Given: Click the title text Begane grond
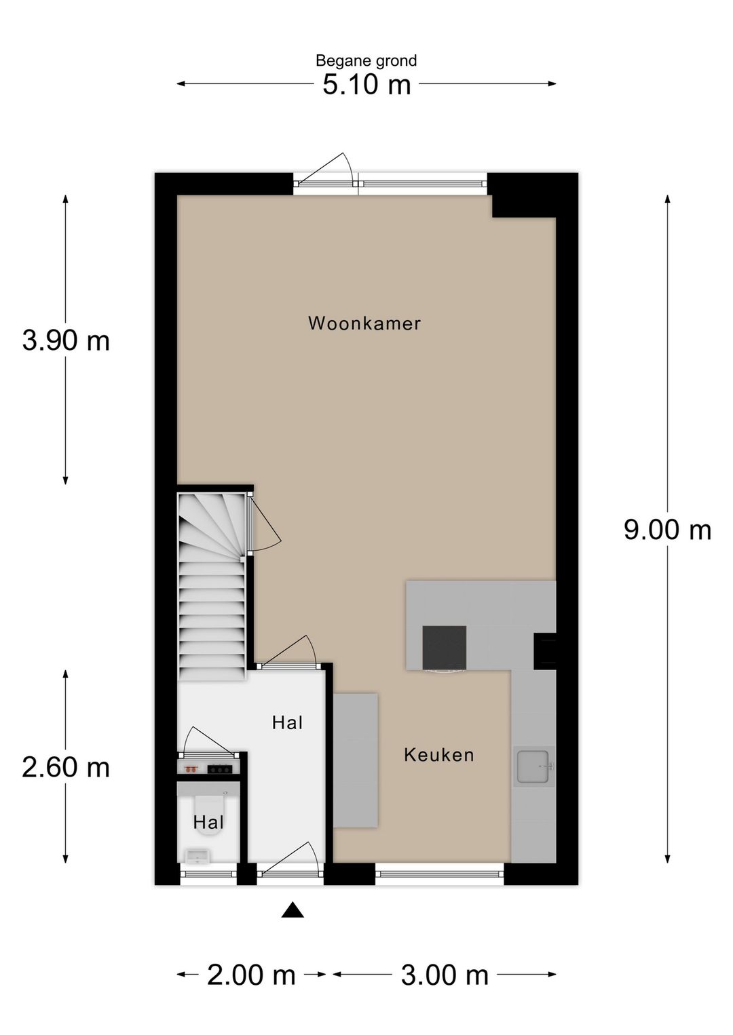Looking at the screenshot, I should (366, 61).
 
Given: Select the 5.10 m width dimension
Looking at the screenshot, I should (366, 85).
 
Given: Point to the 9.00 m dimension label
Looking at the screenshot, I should (667, 530).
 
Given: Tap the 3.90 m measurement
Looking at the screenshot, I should (66, 340).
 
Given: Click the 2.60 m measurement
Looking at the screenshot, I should (66, 768).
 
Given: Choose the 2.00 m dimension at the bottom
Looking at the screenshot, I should (251, 975).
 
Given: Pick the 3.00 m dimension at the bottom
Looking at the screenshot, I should (445, 975).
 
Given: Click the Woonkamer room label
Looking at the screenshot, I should (364, 324).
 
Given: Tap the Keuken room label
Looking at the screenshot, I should (438, 755).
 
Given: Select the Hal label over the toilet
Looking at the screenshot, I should (208, 823).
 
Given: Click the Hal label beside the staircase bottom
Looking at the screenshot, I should (287, 723).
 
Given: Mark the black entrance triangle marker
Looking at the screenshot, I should (293, 910).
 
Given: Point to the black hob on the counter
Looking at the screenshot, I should (444, 648).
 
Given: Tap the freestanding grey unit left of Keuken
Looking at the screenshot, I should (355, 760).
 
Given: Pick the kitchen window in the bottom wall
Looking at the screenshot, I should (440, 874).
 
